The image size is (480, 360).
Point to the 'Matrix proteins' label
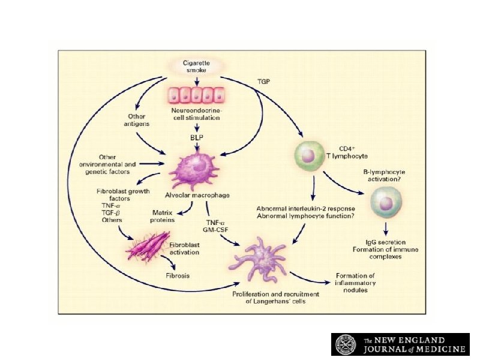coord(163,215)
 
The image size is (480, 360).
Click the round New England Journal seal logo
coord(347,344)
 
